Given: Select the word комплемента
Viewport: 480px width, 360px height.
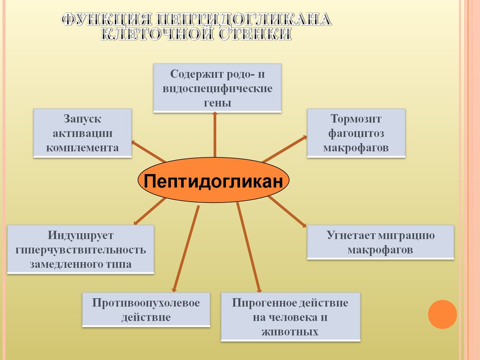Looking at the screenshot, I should coord(82,148).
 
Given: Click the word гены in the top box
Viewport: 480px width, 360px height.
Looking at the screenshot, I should coord(217,103).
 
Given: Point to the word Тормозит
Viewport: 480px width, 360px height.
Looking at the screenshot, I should coord(356,119).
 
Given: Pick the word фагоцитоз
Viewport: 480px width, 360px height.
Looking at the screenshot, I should coord(356,134).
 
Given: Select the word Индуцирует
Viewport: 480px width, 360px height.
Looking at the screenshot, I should coord(81,235).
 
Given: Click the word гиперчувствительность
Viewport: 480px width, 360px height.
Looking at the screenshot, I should coord(81,249).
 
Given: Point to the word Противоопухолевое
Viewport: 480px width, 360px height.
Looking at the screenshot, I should coord(146,303).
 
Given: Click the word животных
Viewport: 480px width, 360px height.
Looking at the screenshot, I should coord(291,332).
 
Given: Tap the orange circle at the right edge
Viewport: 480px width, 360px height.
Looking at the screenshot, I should coord(442,314).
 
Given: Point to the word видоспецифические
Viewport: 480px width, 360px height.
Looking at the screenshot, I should coord(217,89).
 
